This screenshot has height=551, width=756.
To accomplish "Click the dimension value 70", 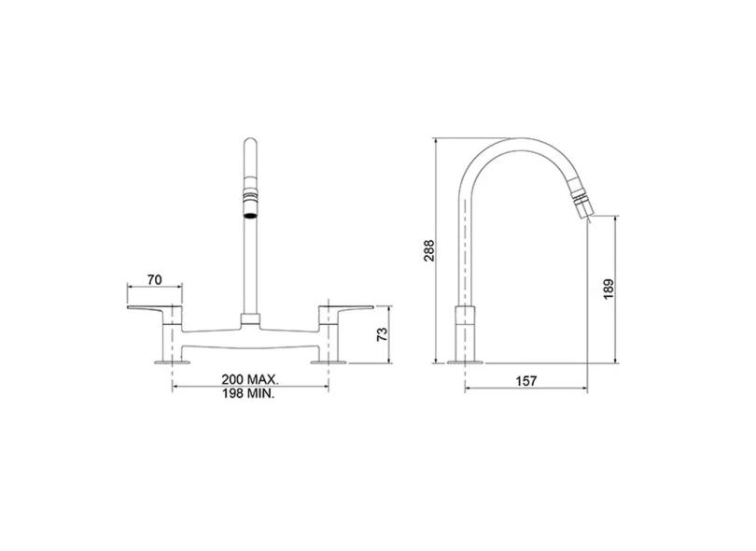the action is click(x=155, y=279).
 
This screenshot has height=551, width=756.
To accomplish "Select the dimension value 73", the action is click(x=382, y=334).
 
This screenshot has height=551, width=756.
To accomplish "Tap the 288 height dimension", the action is click(x=428, y=250).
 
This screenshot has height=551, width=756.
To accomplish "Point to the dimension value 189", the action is click(x=609, y=289).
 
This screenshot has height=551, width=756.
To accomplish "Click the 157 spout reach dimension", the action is click(x=526, y=381).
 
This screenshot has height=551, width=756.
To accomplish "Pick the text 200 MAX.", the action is click(x=250, y=379).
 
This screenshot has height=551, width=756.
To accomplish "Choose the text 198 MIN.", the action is click(x=248, y=393).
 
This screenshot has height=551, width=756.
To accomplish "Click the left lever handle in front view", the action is click(x=155, y=311).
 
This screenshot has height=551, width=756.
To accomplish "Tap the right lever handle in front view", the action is click(x=345, y=311).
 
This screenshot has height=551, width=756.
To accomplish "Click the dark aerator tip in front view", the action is click(x=250, y=214).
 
